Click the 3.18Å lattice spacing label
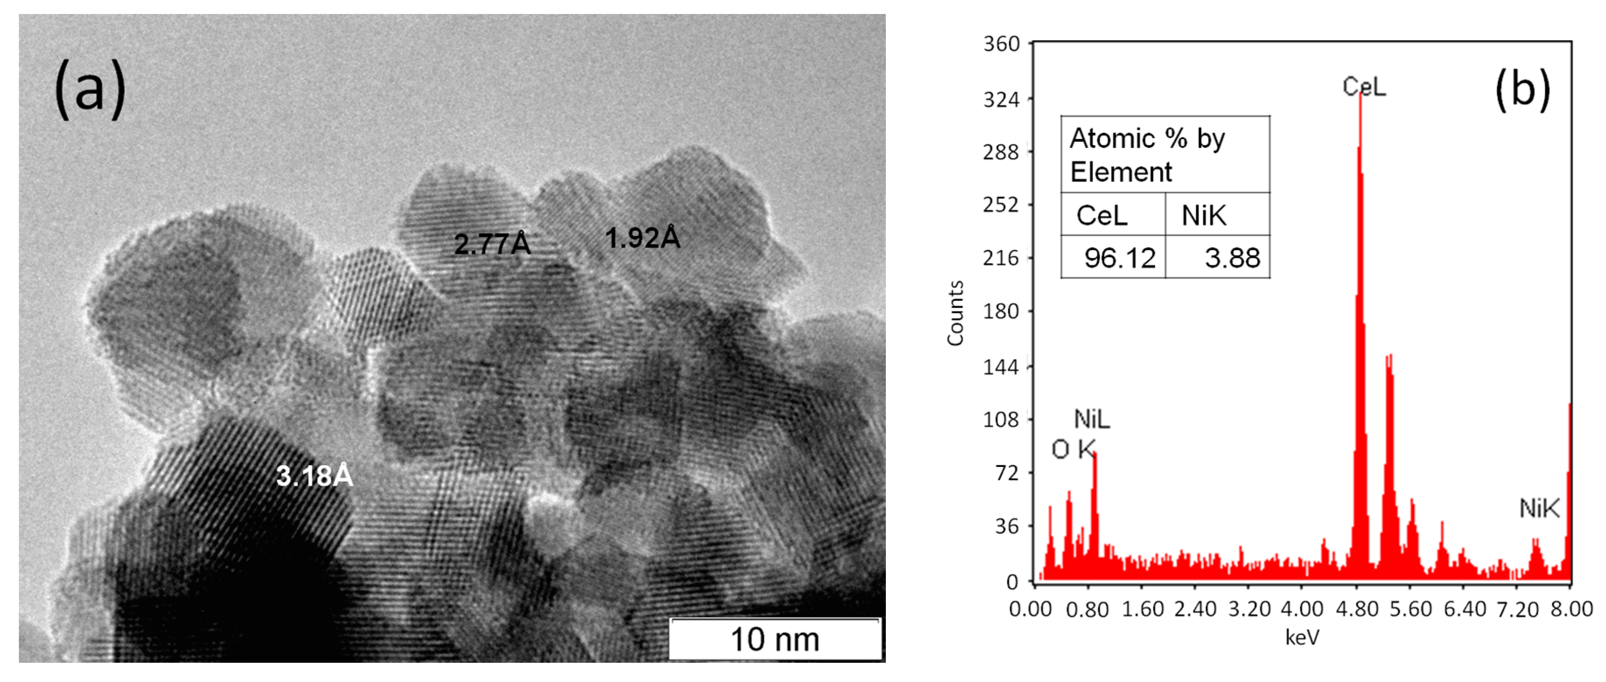(315, 476)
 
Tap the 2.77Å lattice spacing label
(492, 244)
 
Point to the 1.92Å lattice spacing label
(643, 237)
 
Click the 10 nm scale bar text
(774, 640)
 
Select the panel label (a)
(91, 90)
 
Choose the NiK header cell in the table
(1204, 216)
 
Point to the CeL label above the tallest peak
(1364, 87)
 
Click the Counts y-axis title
(955, 313)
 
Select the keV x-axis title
(1302, 637)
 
